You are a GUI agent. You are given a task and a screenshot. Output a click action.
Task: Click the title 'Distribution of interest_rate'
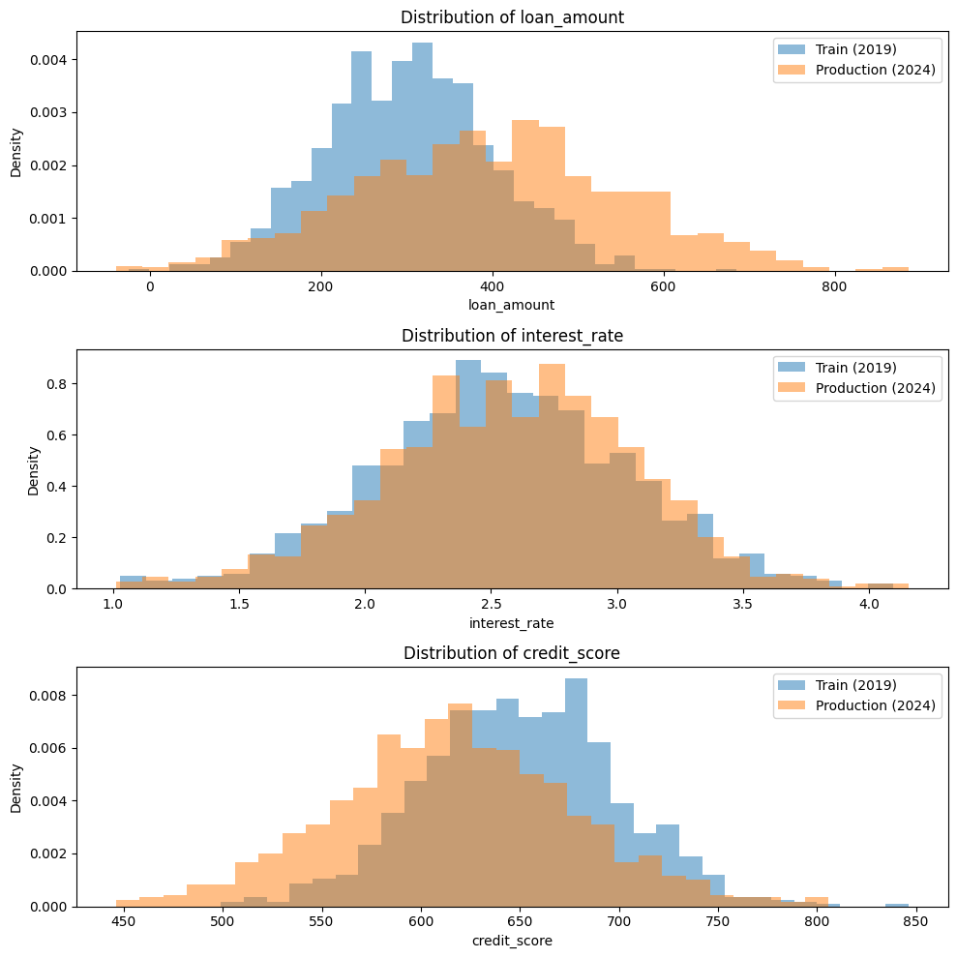(511, 335)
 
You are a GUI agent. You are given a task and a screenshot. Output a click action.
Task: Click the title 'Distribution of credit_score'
(511, 653)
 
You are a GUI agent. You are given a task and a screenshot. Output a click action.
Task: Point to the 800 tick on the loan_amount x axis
(834, 286)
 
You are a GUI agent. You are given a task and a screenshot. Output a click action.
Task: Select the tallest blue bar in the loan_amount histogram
(422, 155)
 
